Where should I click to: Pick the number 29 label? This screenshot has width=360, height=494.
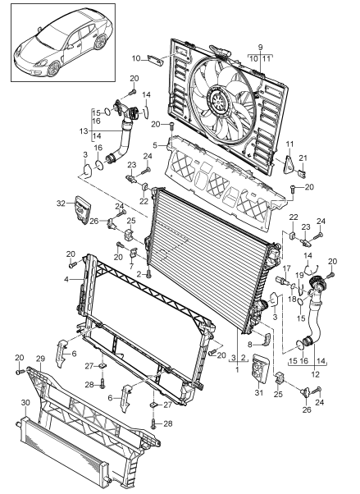(x=39, y=359)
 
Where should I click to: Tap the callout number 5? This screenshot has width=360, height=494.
(x=153, y=144)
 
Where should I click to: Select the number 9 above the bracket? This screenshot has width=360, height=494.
(x=261, y=48)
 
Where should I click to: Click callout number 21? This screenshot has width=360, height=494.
(x=302, y=181)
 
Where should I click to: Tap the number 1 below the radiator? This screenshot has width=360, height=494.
(x=237, y=369)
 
